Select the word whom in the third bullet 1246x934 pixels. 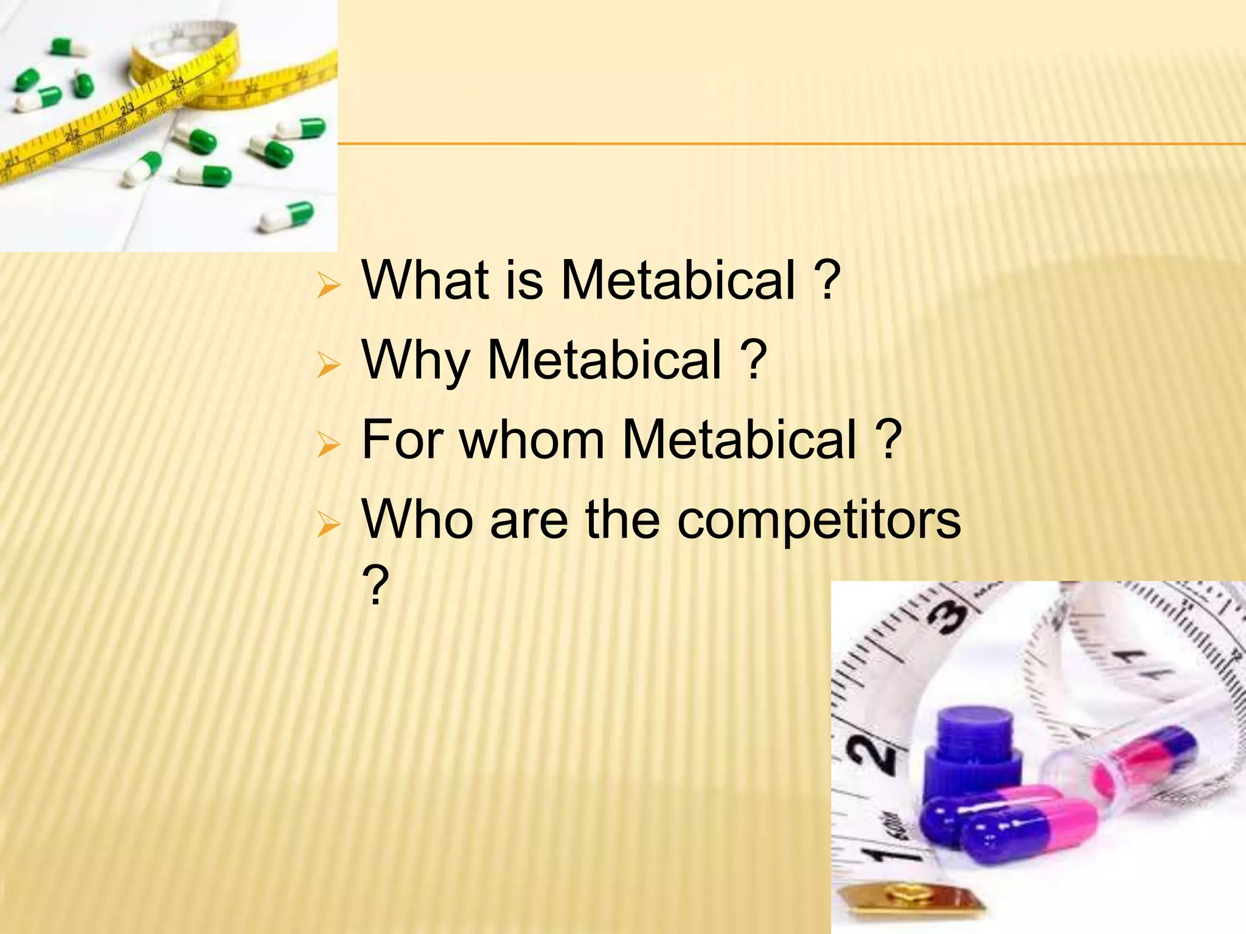532,439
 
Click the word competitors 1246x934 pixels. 819,519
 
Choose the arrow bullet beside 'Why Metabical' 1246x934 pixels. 328,365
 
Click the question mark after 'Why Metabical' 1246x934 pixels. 753,359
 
